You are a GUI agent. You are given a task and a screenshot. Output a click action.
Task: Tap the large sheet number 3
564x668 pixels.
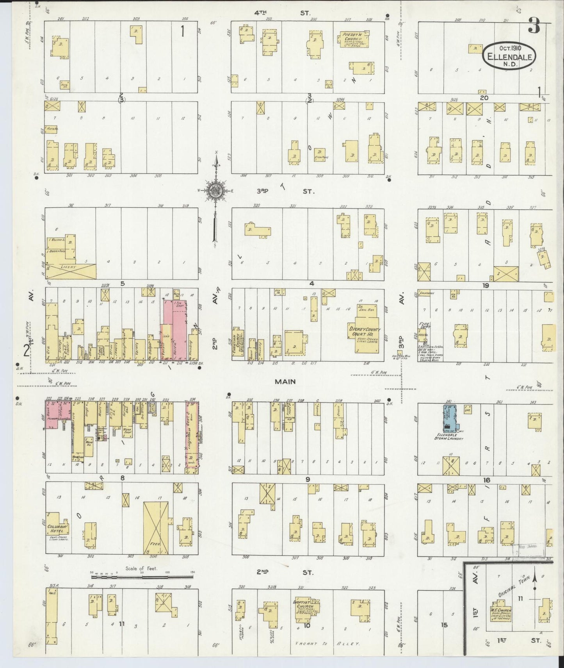pos(534,28)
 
